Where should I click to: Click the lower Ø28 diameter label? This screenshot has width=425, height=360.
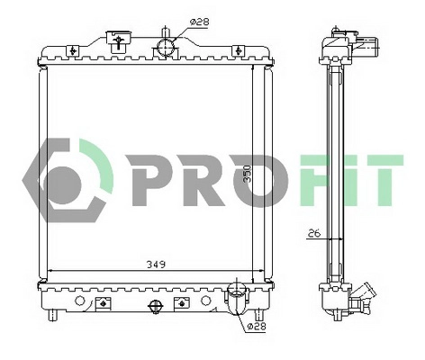(255, 328)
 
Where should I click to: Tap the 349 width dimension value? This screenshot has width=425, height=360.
(155, 265)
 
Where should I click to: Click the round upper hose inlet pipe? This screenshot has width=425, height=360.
(165, 46)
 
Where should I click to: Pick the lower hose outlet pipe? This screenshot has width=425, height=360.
(238, 293)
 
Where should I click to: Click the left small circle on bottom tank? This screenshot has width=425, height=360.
(80, 299)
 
